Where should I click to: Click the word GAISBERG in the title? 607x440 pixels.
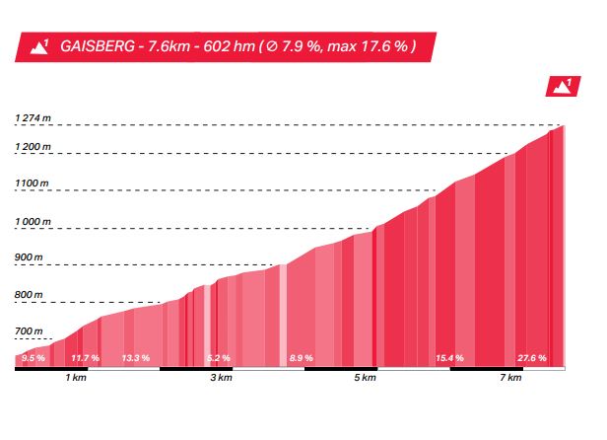[x=96, y=46]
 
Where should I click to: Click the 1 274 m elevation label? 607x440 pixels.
[x=34, y=119]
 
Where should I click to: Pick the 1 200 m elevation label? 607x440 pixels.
[x=34, y=148]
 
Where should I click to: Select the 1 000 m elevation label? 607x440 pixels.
[x=34, y=222]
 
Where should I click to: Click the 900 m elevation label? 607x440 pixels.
[x=30, y=258]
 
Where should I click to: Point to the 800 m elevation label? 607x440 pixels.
[x=30, y=295]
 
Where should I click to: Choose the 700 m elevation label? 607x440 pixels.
[x=30, y=331]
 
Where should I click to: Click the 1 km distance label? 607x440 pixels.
[x=74, y=379]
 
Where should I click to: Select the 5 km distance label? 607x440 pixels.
[x=366, y=379]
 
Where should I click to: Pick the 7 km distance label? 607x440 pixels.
[x=510, y=379]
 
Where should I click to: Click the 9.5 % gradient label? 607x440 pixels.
[x=34, y=358]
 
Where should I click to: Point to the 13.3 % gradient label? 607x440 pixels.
[x=135, y=358]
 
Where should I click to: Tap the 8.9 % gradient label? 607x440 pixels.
[x=301, y=358]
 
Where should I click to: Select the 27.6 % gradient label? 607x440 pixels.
[x=531, y=358]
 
